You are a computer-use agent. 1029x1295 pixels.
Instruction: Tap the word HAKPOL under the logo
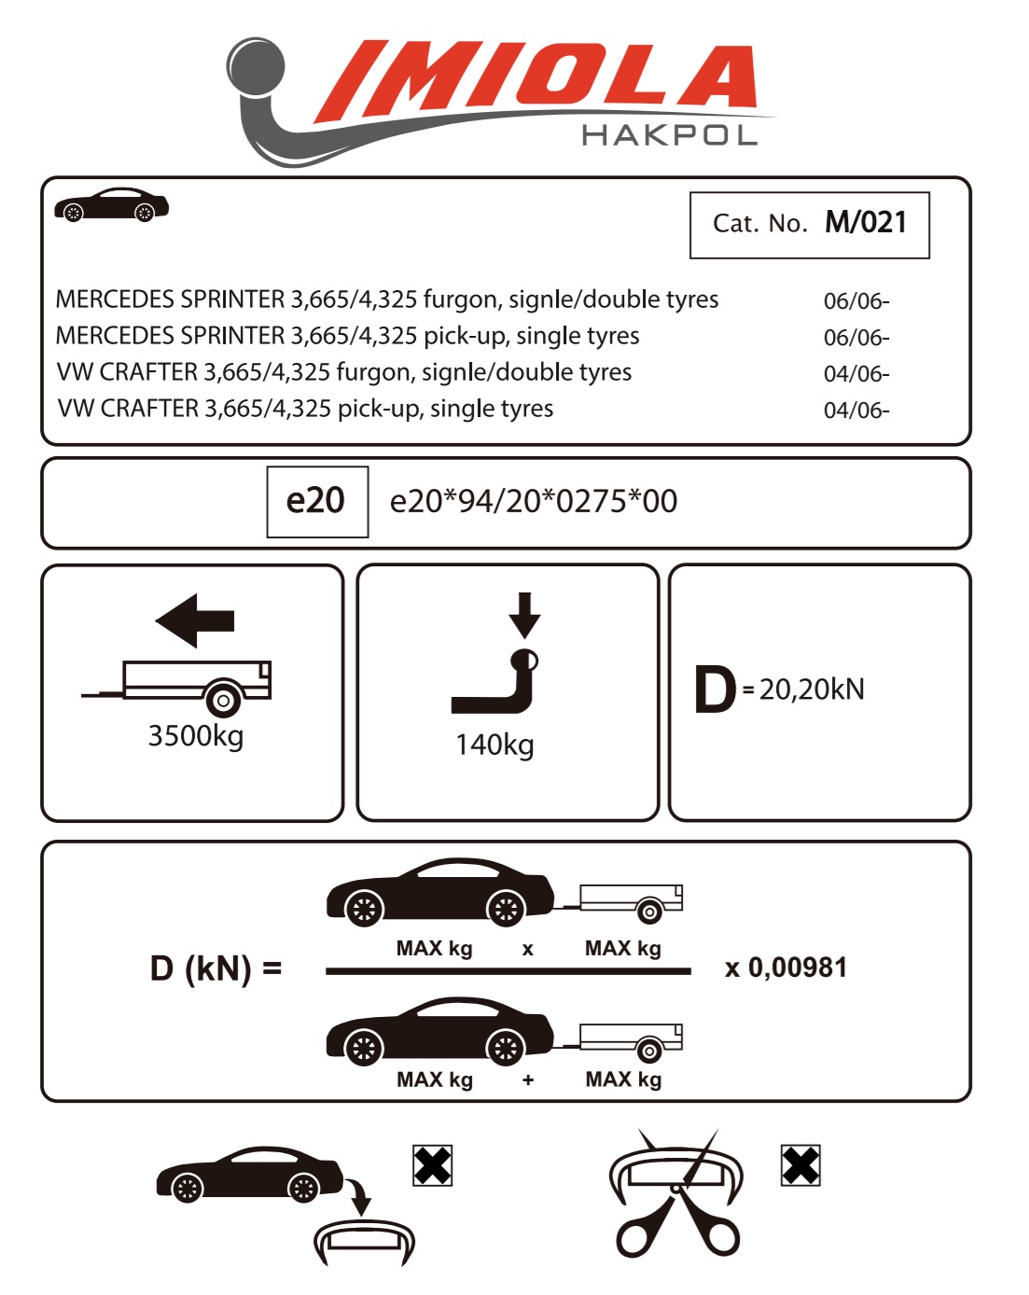tap(669, 136)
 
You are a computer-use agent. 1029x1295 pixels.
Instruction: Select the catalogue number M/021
tap(866, 222)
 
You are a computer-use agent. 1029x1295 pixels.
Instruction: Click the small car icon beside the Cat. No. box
tap(111, 205)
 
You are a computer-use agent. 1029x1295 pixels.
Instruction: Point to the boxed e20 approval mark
tap(316, 501)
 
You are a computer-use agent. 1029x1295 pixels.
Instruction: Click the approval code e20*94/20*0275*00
tap(534, 502)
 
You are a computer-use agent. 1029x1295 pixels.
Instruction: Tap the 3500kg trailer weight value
tap(196, 736)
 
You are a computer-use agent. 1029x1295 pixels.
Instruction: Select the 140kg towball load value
tap(494, 745)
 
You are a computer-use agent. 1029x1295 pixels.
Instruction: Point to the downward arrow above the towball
tap(525, 614)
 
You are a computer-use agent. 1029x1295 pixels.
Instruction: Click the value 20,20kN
tap(812, 689)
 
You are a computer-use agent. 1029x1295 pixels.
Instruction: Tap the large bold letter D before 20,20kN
tap(716, 690)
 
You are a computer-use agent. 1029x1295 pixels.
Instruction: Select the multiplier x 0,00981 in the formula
tap(786, 968)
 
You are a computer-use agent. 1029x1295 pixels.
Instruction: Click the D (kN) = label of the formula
tap(216, 968)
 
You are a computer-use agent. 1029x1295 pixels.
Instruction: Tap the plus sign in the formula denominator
tap(528, 1080)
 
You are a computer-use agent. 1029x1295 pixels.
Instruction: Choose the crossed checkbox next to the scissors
tap(800, 1165)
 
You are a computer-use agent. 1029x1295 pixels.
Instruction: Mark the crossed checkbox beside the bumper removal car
tap(432, 1165)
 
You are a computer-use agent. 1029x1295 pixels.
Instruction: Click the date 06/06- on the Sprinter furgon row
tap(856, 301)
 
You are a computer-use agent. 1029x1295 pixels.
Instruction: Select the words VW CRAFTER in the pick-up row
tap(129, 409)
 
